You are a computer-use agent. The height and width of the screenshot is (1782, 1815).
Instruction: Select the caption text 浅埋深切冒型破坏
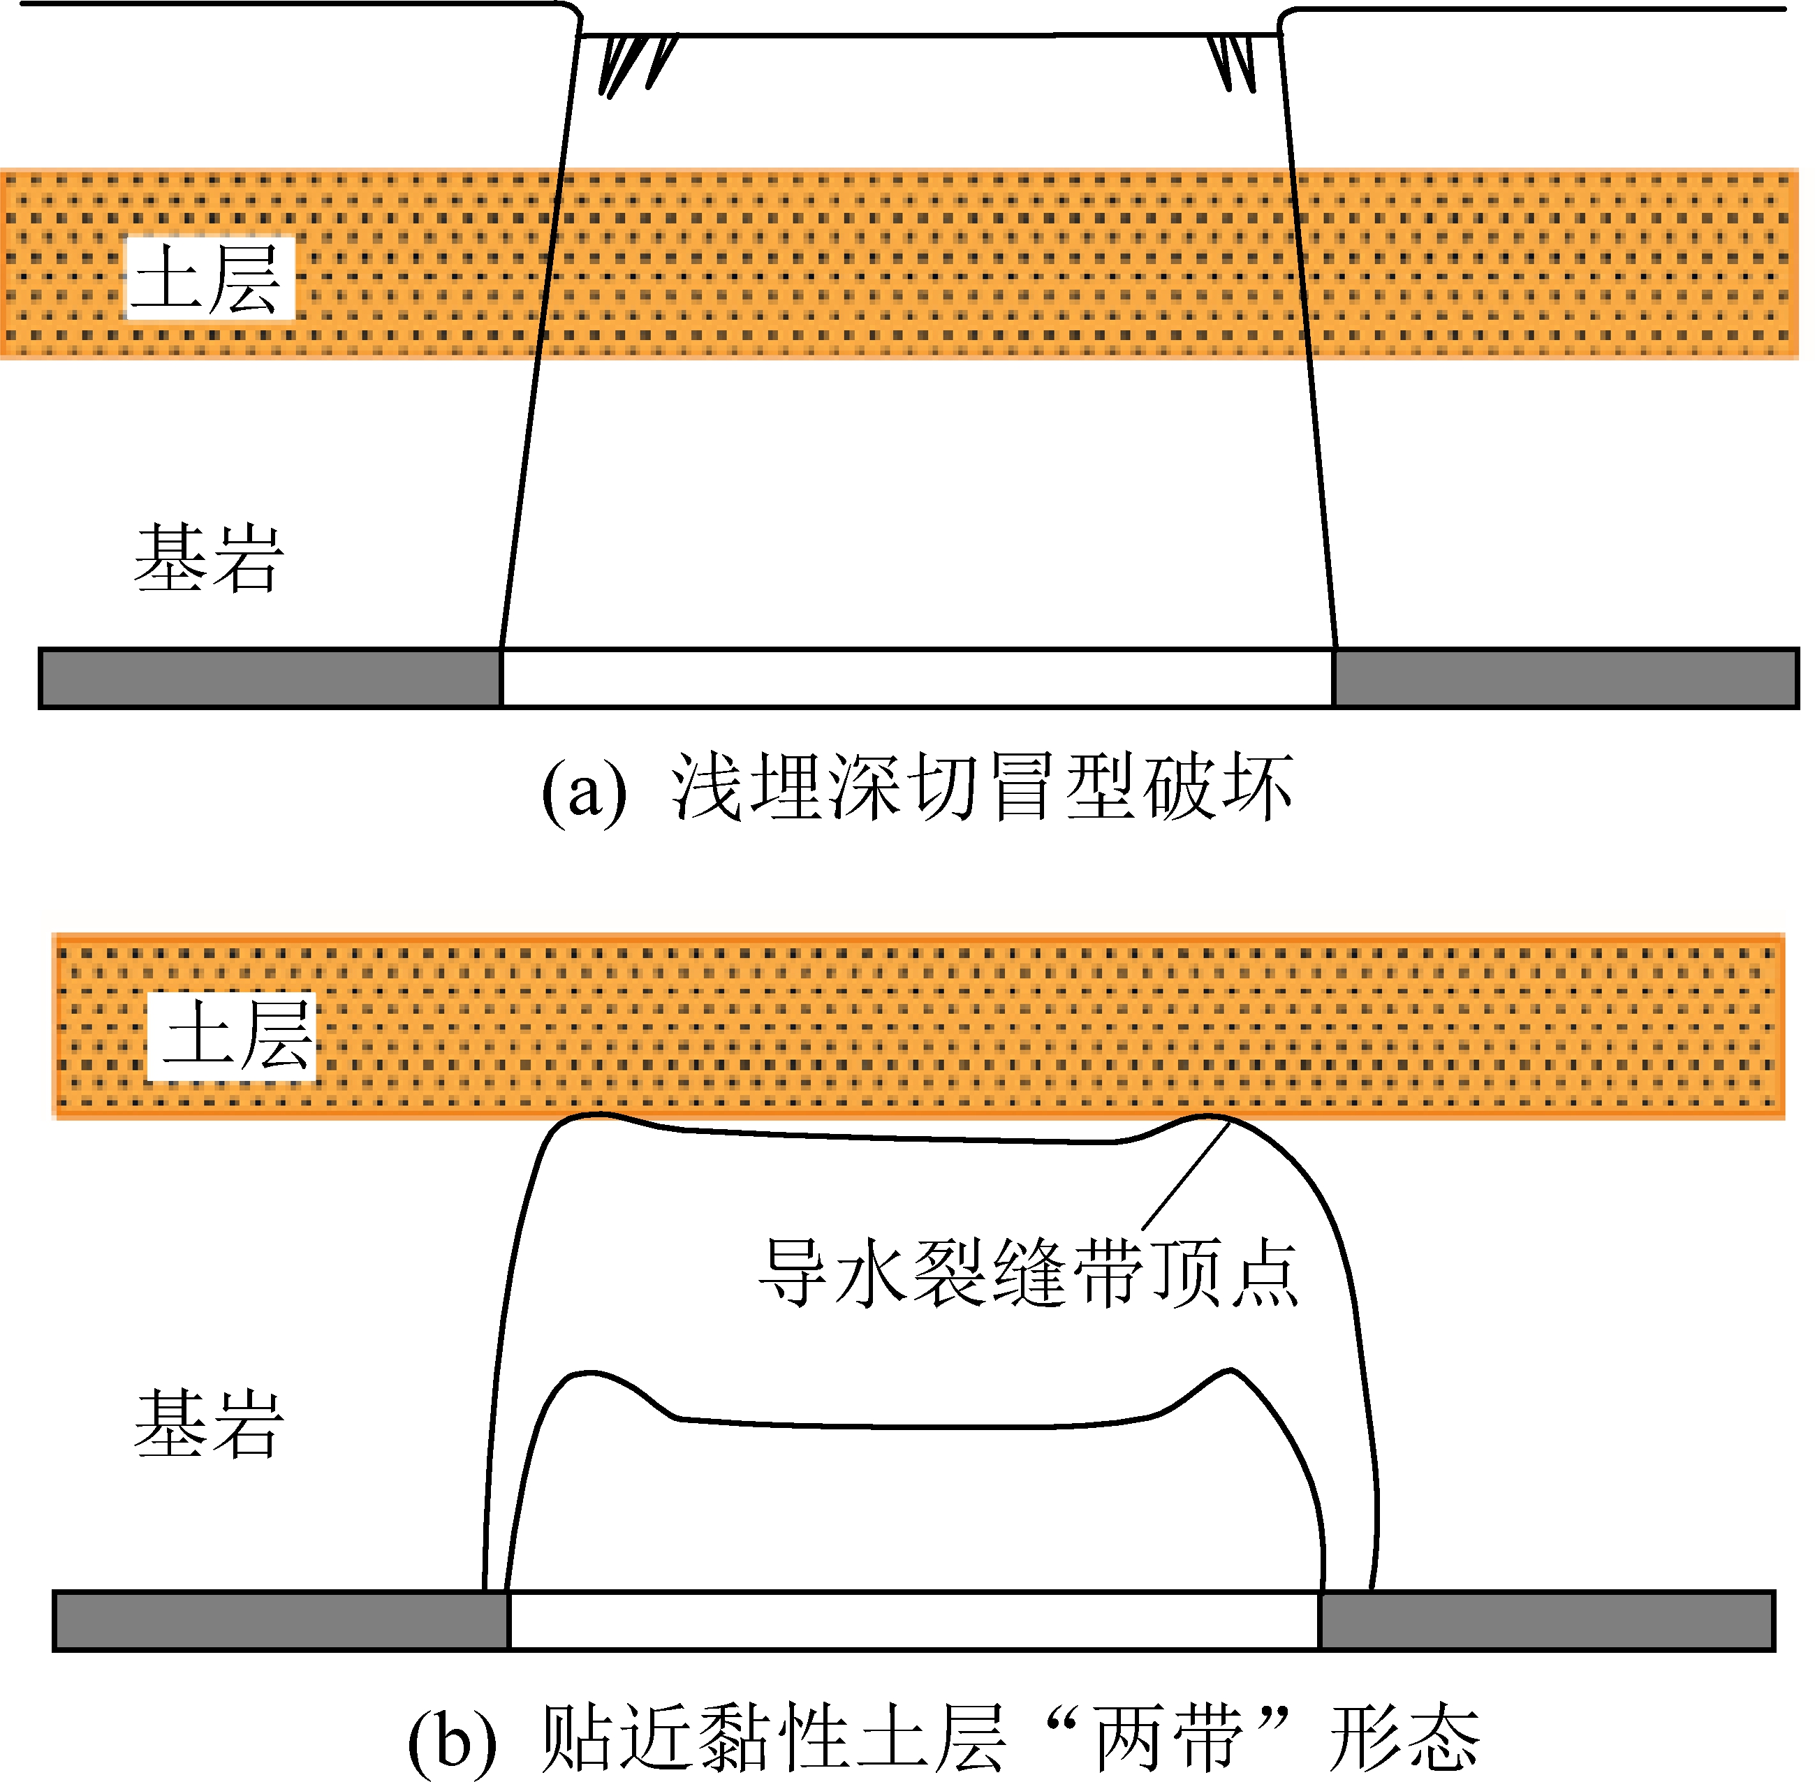(x=982, y=788)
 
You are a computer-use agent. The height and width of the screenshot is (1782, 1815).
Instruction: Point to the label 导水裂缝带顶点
(x=1028, y=1274)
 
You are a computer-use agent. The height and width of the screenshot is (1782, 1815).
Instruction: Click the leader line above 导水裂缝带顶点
(x=1186, y=1175)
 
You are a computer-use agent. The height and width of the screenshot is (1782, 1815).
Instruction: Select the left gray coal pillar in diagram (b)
(x=281, y=1620)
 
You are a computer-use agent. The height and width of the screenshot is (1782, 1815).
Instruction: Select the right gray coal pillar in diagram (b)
(x=1546, y=1620)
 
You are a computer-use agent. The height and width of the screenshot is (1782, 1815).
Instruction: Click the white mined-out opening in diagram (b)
(x=913, y=1620)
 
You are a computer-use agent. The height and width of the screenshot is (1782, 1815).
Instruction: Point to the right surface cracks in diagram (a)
(x=1232, y=61)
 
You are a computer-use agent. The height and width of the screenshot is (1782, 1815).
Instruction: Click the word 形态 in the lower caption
(x=1405, y=1738)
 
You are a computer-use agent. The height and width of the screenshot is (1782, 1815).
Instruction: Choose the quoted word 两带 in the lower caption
(x=1169, y=1738)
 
